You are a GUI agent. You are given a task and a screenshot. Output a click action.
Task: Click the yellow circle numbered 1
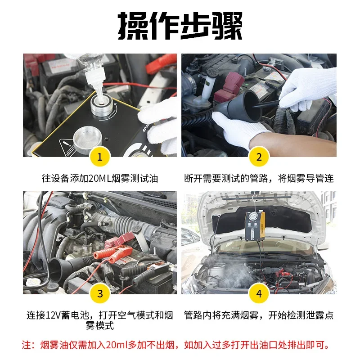[x=100, y=157]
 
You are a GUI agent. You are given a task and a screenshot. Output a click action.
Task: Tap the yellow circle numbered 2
[x=259, y=157]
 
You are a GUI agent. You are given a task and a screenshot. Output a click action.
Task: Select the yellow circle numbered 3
[x=100, y=294]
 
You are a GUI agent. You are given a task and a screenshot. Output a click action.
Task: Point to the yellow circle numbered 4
[x=259, y=294]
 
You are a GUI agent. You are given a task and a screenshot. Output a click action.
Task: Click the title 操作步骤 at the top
[x=180, y=26]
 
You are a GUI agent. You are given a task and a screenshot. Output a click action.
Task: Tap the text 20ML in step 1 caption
[x=99, y=178]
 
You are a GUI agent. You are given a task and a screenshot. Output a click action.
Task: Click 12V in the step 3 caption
[x=53, y=315]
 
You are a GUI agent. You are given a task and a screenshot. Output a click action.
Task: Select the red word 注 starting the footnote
[x=27, y=345]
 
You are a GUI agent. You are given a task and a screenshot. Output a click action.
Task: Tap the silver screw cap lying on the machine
[x=87, y=139]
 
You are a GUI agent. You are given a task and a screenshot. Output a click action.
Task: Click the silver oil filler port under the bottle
[x=102, y=106]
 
